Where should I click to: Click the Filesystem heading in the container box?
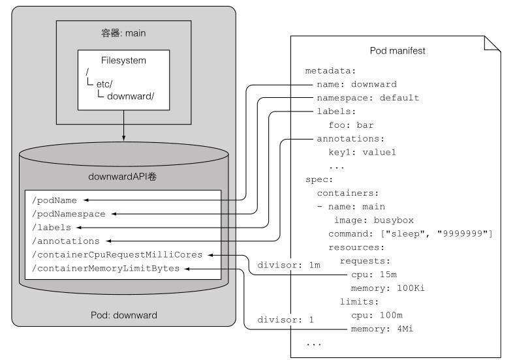tap(123, 61)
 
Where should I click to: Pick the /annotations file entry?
tap(58, 241)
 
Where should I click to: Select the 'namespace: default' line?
tap(367, 98)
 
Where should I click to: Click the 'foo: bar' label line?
tap(351, 125)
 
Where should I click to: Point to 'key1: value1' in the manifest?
tap(362, 152)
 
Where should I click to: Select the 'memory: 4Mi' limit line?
tap(381, 329)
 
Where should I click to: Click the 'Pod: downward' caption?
tap(123, 316)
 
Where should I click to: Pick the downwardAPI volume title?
tap(123, 175)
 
